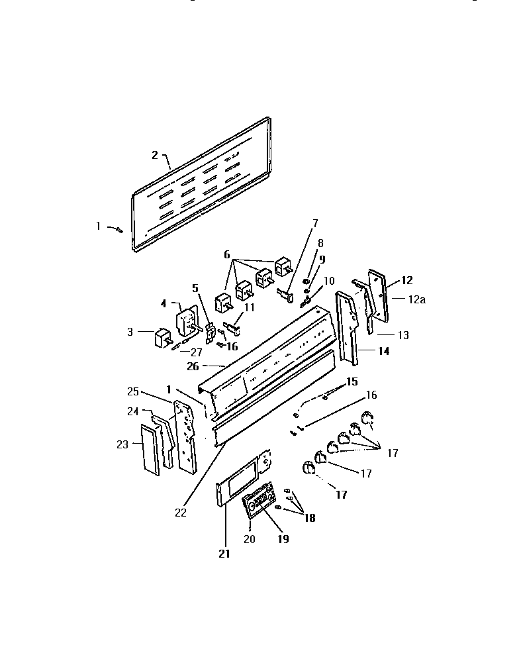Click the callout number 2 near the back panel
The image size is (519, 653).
click(155, 155)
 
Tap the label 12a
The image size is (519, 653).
click(417, 299)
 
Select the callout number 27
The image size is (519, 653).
click(196, 352)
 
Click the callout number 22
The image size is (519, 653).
click(181, 512)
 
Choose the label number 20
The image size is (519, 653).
click(249, 539)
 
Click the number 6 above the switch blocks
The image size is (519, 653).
click(227, 254)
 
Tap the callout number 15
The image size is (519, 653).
click(352, 381)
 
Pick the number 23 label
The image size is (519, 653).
click(122, 444)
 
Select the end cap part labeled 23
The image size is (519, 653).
click(150, 450)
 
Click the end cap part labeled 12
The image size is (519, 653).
click(380, 294)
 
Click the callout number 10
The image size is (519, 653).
click(329, 280)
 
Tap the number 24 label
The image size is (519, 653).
click(132, 412)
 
